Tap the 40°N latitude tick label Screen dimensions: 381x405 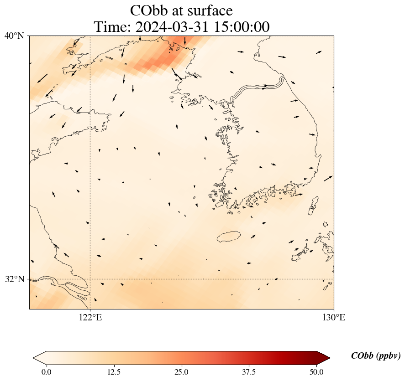pos(15,36)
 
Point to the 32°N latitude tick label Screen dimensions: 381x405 pos(15,279)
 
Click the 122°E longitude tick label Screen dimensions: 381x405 pos(90,318)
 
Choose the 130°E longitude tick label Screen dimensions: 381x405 pos(334,318)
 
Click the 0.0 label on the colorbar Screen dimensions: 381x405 pos(46,372)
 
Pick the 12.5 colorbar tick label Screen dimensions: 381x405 pos(114,372)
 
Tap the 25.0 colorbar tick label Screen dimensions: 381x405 pos(181,372)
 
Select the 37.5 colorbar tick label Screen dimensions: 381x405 pos(249,372)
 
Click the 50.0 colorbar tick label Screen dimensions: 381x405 pos(316,372)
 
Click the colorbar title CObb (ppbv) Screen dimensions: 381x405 pos(376,356)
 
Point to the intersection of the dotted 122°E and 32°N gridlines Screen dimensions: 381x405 pos(90,279)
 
